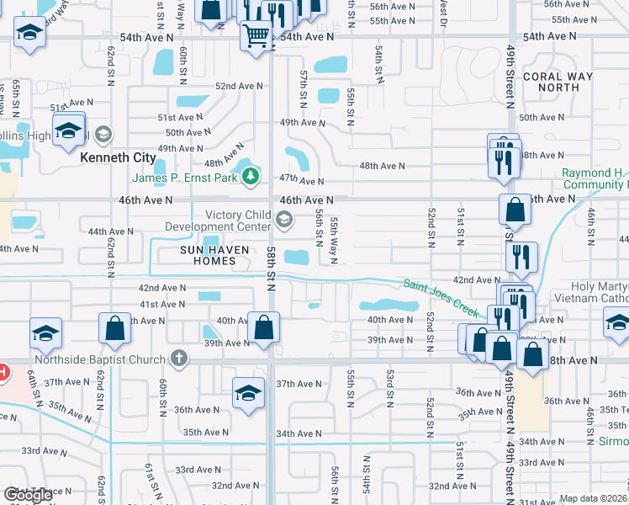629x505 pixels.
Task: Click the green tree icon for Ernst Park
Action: point(250,177)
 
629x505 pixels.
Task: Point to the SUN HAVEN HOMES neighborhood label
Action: point(209,255)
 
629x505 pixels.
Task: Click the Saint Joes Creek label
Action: point(440,298)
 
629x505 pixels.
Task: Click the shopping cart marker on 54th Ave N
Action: point(256,35)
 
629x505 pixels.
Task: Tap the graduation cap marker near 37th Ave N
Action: point(248,392)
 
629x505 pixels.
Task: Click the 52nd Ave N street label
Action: point(239,86)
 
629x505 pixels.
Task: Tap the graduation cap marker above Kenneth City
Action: point(68,130)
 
